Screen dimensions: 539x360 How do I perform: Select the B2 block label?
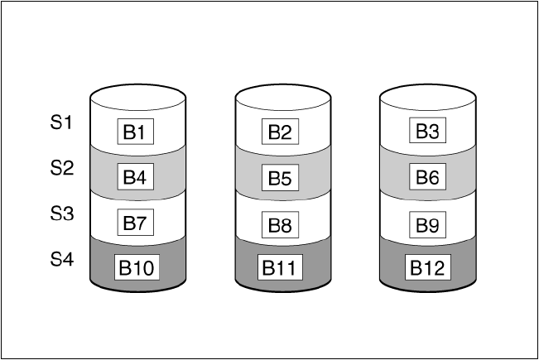(282, 132)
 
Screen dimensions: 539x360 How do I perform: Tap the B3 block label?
(426, 131)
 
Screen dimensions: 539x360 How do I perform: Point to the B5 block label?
(282, 177)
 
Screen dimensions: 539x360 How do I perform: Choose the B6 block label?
(426, 176)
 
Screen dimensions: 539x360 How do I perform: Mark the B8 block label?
(282, 223)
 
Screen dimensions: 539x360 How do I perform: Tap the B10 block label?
(137, 267)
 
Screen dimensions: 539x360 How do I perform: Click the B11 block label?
(282, 267)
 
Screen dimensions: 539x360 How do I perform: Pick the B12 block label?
(426, 267)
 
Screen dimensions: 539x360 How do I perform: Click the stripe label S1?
(61, 123)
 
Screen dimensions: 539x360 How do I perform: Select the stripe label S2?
(61, 169)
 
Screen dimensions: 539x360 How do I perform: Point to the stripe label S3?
(61, 214)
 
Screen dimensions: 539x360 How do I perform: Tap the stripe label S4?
(61, 259)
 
